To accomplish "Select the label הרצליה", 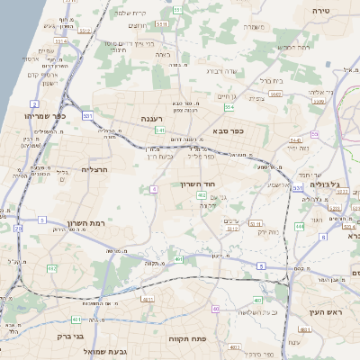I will tap(94, 169).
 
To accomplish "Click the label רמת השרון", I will tap(85, 224).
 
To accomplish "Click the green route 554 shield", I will tap(229, 107).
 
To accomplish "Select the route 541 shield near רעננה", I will tap(157, 130).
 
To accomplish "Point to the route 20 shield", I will tap(18, 229).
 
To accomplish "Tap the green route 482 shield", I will tap(51, 268).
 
